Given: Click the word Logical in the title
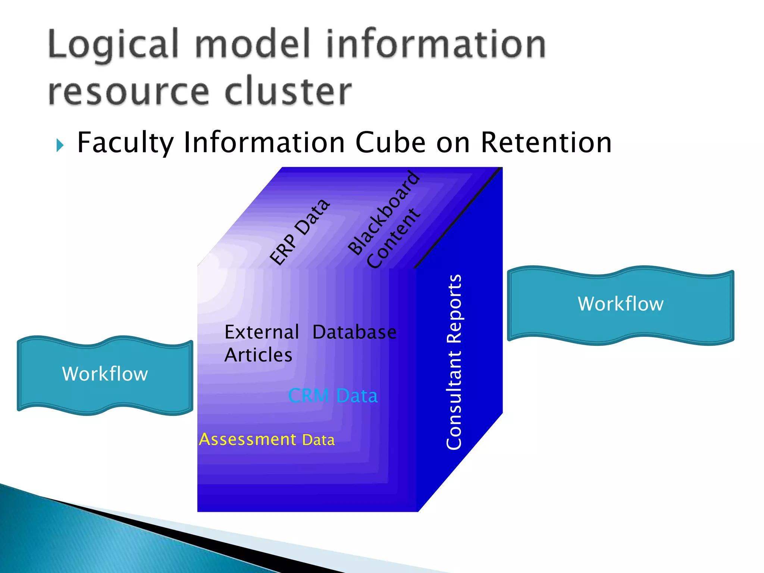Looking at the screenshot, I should [x=113, y=46].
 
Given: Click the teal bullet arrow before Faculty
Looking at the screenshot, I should [x=60, y=145].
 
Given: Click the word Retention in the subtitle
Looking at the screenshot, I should [x=546, y=143].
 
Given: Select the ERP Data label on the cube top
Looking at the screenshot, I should [x=300, y=232].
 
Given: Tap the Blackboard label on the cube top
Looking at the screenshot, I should [x=383, y=213].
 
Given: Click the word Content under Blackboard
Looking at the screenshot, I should [x=393, y=239].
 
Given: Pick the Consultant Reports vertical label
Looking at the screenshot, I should [x=454, y=362].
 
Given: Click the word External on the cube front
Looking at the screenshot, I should [x=262, y=332].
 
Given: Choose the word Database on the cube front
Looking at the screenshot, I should [x=354, y=332].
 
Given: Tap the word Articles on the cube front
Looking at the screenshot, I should [x=258, y=355].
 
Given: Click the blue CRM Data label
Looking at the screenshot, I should [x=333, y=395].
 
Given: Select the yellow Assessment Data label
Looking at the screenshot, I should [x=267, y=439].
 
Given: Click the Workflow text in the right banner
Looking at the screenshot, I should [x=620, y=304].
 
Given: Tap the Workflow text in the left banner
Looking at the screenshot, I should [x=105, y=374].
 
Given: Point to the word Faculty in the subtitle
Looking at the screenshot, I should [x=126, y=143].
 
